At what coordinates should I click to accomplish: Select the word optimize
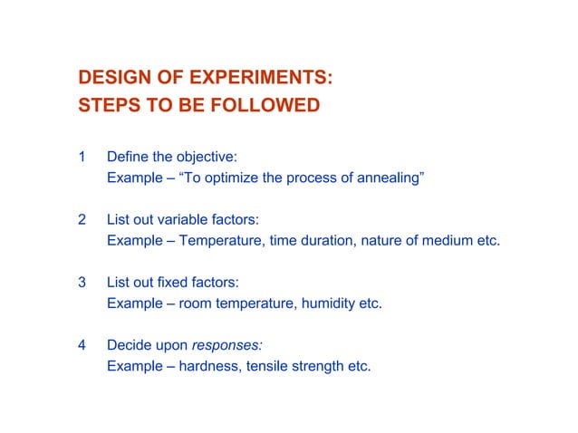[x=232, y=178]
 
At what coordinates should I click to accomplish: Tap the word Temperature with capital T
[x=220, y=242]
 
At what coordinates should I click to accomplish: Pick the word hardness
[x=207, y=367]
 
